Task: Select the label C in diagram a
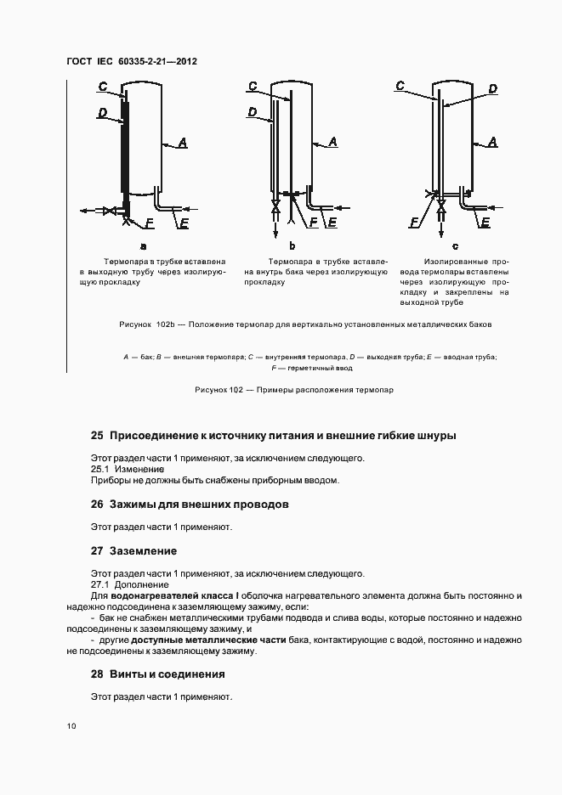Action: tap(103, 86)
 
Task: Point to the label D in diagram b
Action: tap(253, 111)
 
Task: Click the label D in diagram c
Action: tap(492, 88)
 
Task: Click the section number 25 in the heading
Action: tap(97, 436)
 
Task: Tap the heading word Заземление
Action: tap(143, 550)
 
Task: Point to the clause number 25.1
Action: tap(101, 469)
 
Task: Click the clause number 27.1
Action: tap(101, 584)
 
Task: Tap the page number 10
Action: tap(71, 726)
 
